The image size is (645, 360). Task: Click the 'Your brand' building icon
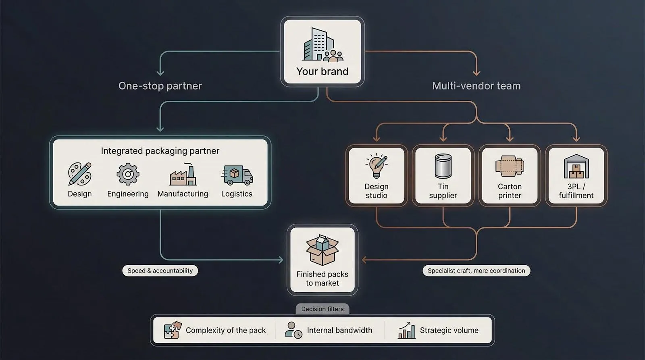(322, 45)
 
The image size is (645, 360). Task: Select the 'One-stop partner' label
(160, 86)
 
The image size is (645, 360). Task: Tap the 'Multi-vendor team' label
(476, 86)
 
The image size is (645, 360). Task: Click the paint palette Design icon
(80, 174)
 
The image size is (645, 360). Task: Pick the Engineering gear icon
(128, 174)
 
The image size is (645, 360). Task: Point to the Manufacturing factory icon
(183, 175)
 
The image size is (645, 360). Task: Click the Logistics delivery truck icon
(237, 175)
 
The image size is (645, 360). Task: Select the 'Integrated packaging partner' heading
(160, 151)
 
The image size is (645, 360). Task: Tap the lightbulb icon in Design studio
(376, 166)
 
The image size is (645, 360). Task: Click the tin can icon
(443, 166)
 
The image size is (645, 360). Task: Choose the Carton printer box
(510, 175)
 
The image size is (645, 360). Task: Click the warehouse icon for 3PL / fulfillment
(576, 166)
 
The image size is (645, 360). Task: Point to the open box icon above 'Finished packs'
(322, 250)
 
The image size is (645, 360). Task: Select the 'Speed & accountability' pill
(160, 271)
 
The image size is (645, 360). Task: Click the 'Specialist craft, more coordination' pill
(476, 271)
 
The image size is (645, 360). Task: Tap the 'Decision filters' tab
(322, 309)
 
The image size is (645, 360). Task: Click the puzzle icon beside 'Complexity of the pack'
(173, 330)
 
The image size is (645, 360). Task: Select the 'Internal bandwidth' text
(339, 330)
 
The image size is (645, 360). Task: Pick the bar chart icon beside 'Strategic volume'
(406, 330)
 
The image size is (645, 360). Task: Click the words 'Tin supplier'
(443, 191)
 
